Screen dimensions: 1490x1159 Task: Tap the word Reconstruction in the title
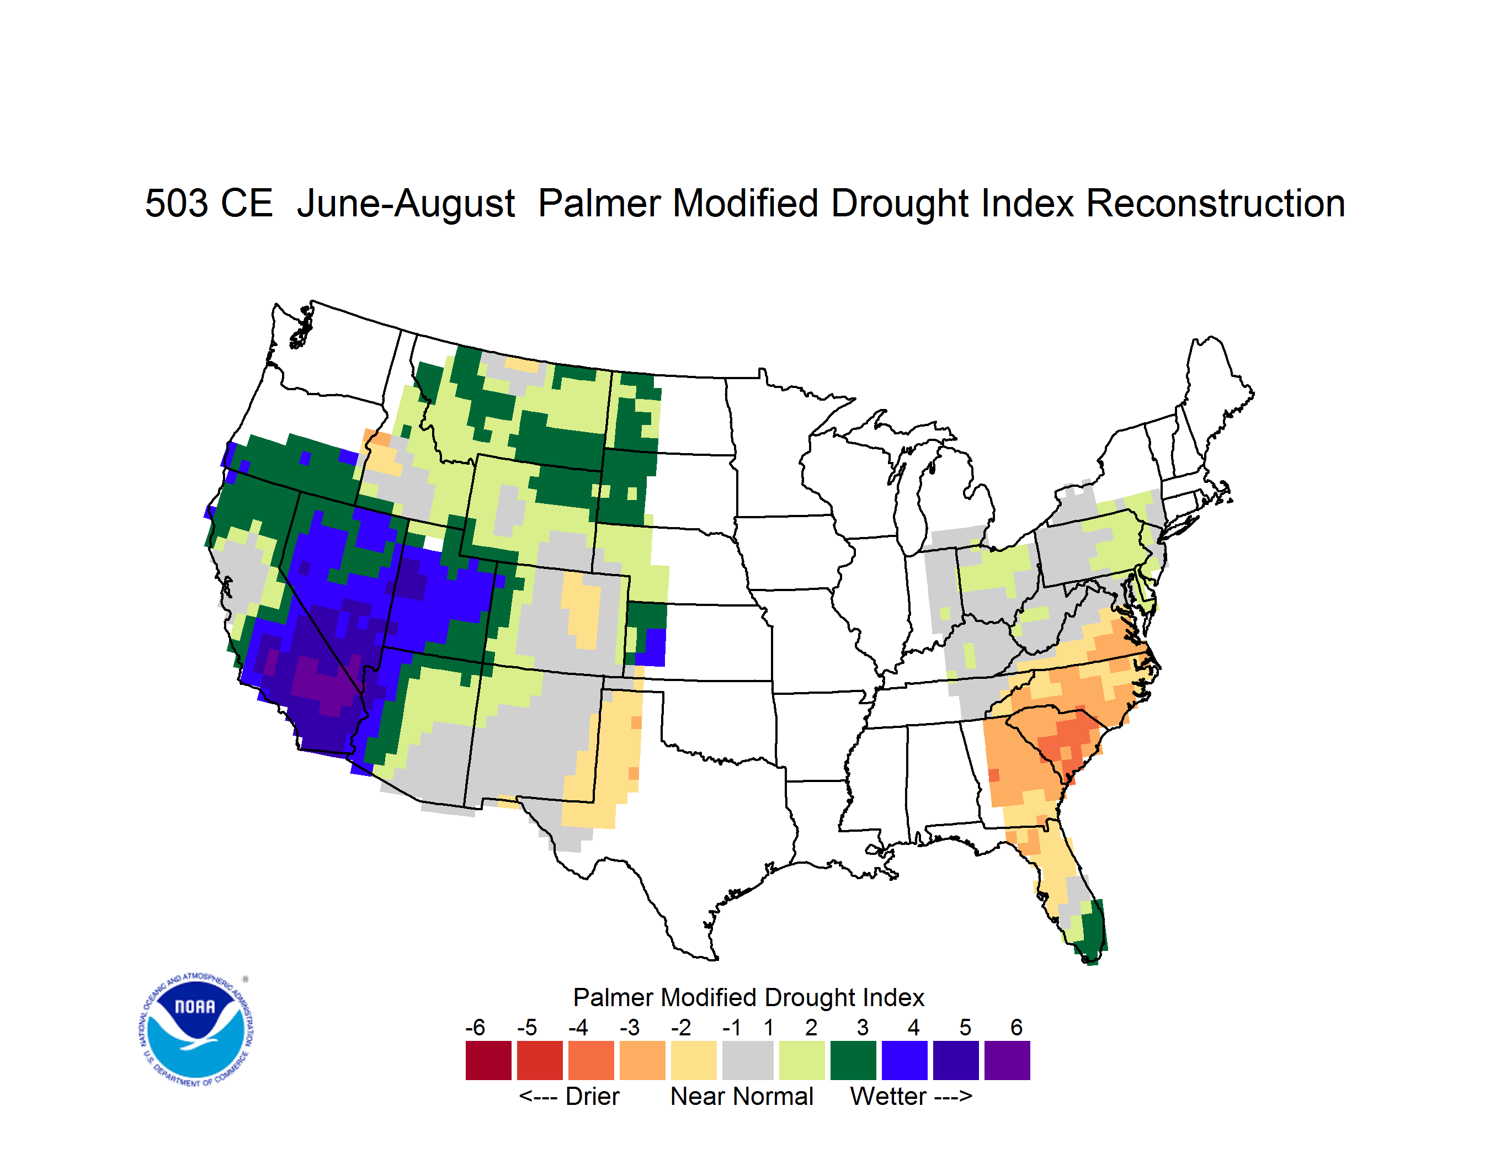1215,203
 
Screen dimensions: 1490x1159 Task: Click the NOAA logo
196,1030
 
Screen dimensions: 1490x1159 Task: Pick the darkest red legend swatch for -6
488,1060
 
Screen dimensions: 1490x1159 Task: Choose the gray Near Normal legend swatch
748,1060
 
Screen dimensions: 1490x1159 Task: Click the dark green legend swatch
853,1060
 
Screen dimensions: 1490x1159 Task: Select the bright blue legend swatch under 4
904,1060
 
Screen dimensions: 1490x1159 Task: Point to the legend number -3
630,1027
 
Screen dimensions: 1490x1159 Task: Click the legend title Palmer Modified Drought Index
748,997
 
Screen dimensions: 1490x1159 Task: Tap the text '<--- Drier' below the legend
569,1096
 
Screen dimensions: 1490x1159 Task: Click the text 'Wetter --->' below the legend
911,1096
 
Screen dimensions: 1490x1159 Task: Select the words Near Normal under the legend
742,1096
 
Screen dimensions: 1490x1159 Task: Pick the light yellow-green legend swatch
802,1060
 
